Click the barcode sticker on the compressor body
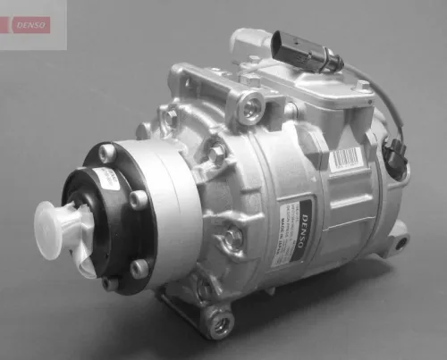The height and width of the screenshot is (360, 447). (345, 160)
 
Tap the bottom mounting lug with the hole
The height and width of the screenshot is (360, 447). (217, 319)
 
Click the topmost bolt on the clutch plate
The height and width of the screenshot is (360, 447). (107, 155)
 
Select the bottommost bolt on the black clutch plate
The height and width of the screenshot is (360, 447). (109, 283)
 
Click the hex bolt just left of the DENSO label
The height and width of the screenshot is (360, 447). (232, 239)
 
